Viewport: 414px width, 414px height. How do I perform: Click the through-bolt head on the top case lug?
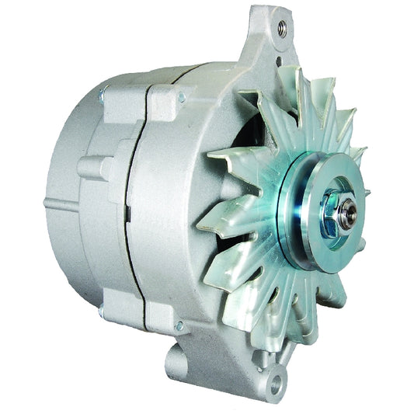click(x=182, y=98)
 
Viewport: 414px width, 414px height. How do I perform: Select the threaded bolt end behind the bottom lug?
click(x=102, y=312)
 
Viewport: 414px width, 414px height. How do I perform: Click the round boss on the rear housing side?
click(x=87, y=168)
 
